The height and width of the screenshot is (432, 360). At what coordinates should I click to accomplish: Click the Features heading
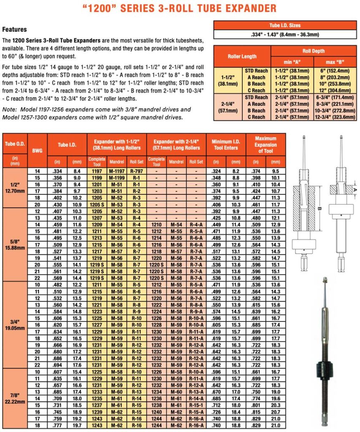15,30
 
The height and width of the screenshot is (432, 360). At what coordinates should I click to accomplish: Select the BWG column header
38,150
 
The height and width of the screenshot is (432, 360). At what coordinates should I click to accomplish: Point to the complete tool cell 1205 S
97,204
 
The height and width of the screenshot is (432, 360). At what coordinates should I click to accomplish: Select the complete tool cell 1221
97,305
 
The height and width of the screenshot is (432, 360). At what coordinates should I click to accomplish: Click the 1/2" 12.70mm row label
15,188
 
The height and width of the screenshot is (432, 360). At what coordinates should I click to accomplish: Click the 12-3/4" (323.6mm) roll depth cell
335,117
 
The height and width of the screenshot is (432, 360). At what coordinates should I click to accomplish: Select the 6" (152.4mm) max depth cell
335,70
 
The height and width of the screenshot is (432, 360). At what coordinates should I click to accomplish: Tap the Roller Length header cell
242,56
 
